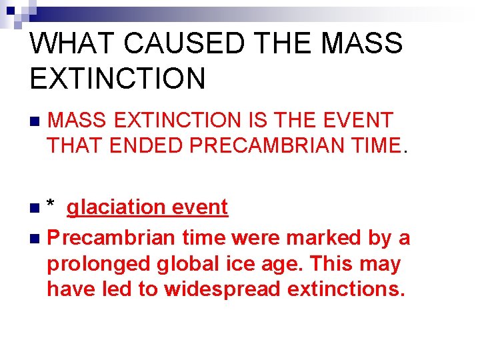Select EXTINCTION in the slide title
118,78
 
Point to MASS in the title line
361,43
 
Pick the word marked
316,237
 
